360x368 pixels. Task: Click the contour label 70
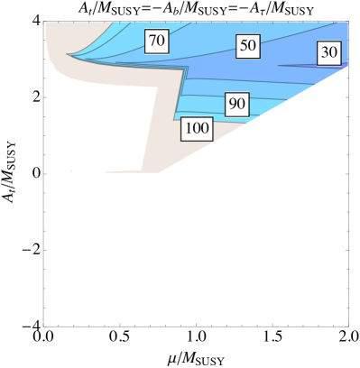(x=157, y=41)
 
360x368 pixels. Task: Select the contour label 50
(x=248, y=45)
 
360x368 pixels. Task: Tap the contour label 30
(x=329, y=53)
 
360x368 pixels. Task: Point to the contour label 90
(x=236, y=105)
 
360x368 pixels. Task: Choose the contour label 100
(x=197, y=129)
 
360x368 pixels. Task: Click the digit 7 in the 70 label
(x=152, y=41)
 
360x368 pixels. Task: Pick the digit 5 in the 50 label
(x=244, y=45)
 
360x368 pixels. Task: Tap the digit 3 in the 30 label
(x=325, y=53)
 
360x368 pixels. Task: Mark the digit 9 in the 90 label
(x=232, y=105)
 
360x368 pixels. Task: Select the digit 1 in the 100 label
(x=188, y=129)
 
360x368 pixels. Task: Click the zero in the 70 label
(x=162, y=41)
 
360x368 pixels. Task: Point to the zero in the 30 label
(x=334, y=53)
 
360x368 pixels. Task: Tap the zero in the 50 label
(x=253, y=45)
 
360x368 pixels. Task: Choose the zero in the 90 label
(x=241, y=105)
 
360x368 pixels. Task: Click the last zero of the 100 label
(x=206, y=129)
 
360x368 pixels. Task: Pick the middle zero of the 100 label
(x=197, y=129)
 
